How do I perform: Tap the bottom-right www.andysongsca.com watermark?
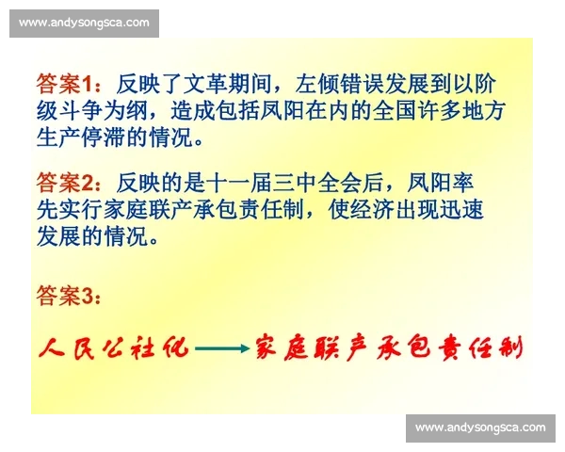[480, 428]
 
